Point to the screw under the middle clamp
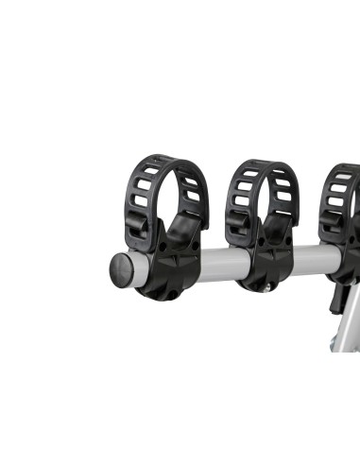267,286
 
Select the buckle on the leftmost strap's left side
137,227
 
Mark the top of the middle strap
263,166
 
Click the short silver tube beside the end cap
138,268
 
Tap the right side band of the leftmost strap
197,194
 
